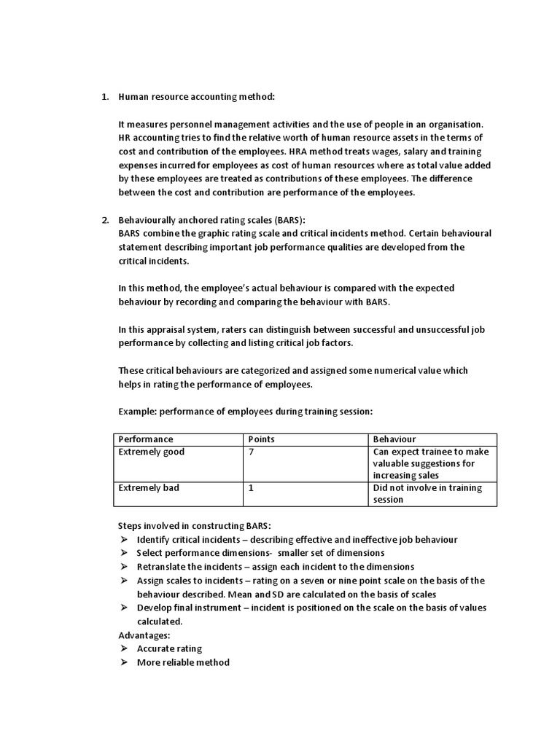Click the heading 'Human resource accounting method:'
[197, 97]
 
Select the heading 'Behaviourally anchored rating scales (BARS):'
[212, 220]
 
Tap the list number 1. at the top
[105, 97]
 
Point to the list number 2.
[105, 220]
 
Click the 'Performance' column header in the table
[146, 439]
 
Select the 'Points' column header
[262, 439]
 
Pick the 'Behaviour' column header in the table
[394, 439]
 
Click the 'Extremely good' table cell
[152, 452]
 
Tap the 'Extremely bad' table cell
[149, 488]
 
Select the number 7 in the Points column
[252, 452]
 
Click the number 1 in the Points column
[252, 488]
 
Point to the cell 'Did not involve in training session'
[427, 494]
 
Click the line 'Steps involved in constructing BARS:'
[194, 526]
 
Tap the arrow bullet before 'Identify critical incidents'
[123, 540]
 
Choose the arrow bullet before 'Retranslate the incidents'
[123, 567]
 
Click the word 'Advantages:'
[144, 635]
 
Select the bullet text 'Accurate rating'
[169, 648]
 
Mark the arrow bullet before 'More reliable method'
[123, 662]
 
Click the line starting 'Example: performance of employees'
[245, 412]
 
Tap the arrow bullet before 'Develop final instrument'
[123, 608]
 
